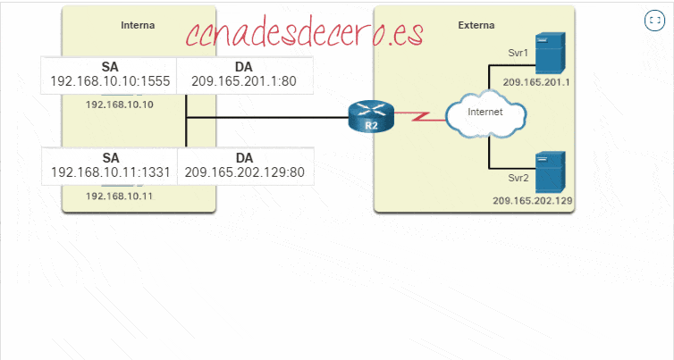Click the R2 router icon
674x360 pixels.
370,117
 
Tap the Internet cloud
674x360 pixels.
485,113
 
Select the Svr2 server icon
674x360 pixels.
546,172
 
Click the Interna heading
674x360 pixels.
138,25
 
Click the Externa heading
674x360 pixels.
475,25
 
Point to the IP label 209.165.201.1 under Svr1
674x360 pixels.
536,82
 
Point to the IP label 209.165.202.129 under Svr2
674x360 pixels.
533,201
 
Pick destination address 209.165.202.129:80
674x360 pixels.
243,173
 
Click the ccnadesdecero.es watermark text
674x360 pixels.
304,34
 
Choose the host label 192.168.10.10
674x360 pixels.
120,105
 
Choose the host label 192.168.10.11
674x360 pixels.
120,195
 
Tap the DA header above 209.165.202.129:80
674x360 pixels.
243,157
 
